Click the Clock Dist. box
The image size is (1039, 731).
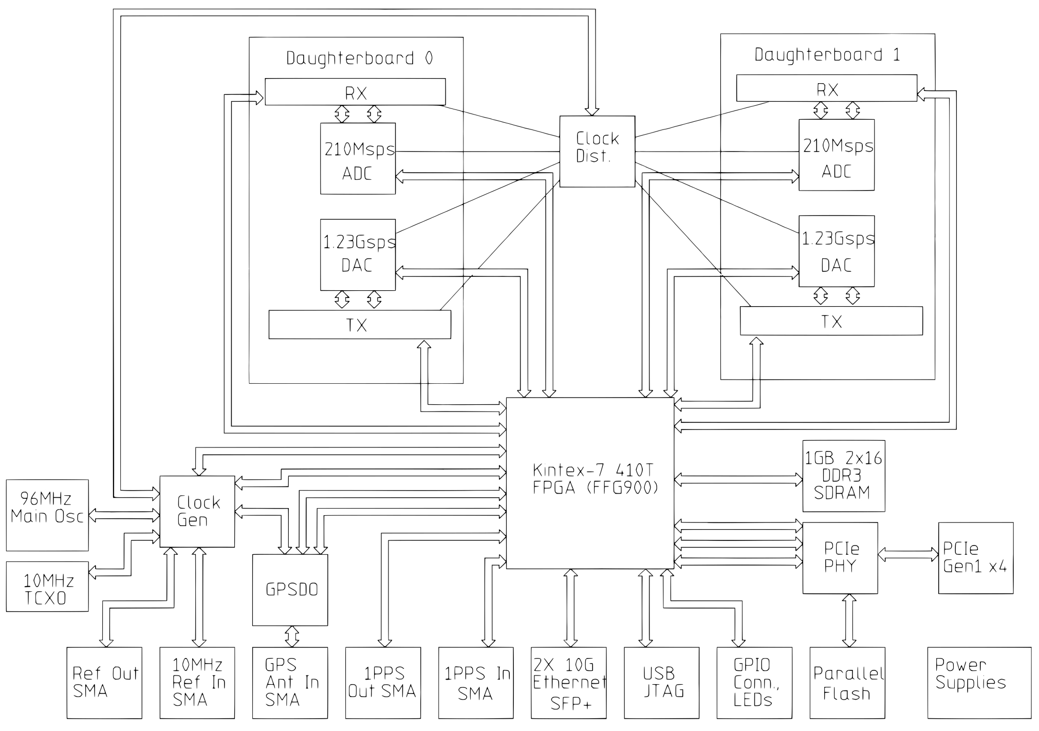597,151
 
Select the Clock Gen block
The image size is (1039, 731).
197,511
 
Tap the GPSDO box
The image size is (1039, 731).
290,590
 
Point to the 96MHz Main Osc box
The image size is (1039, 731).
47,515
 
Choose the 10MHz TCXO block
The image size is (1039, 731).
47,586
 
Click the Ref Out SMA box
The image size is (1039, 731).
104,682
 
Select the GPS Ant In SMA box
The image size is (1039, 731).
290,682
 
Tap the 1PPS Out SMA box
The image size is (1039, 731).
383,682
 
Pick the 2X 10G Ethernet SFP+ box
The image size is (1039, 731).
569,682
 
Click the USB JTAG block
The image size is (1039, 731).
662,682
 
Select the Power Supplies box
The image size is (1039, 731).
979,682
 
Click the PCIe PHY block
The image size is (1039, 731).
840,558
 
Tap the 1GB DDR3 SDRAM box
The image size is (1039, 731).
844,476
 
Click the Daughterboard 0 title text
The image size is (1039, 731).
359,58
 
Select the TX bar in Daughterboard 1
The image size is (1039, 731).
831,321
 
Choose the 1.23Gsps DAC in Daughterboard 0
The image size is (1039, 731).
358,255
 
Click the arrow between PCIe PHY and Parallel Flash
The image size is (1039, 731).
849,621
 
